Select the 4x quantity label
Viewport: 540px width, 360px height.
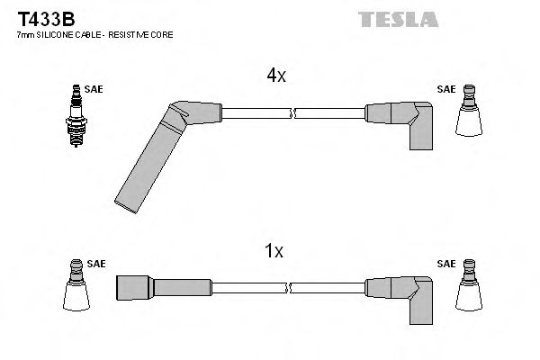click(x=276, y=76)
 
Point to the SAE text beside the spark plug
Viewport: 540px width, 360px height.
click(x=93, y=89)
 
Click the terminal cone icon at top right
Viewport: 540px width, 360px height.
click(x=468, y=115)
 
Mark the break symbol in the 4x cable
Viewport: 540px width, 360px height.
click(x=293, y=114)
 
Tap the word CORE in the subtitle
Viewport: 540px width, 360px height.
click(x=163, y=34)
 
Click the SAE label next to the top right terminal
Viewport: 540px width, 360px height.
click(x=445, y=89)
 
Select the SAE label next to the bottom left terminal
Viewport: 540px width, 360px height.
click(x=96, y=265)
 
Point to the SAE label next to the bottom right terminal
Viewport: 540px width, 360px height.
click(x=445, y=265)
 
